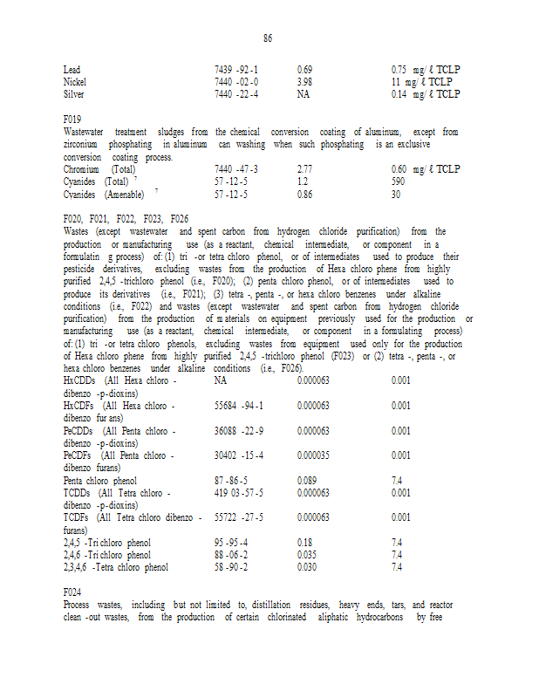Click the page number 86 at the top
click(268, 38)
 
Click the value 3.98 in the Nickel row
click(304, 81)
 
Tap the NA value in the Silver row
click(304, 93)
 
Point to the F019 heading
click(72, 119)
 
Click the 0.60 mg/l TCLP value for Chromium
click(426, 168)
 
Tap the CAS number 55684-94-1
click(238, 406)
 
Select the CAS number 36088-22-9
click(238, 430)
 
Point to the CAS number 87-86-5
click(231, 480)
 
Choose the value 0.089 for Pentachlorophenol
click(306, 480)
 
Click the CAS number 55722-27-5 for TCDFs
click(238, 517)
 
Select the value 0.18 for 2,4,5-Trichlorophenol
click(304, 543)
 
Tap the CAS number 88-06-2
click(231, 555)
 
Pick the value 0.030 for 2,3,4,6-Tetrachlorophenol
click(306, 567)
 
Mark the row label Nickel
click(75, 81)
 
